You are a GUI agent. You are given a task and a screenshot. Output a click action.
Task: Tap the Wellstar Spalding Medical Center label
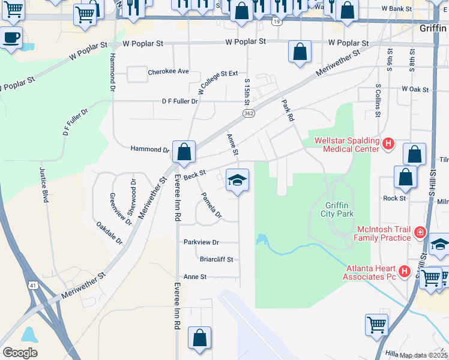[347, 146]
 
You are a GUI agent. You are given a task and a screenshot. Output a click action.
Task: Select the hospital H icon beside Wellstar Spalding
[388, 145]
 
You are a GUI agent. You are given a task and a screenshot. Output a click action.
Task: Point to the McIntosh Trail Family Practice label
[382, 233]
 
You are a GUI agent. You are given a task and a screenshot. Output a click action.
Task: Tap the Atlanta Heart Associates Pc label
[370, 272]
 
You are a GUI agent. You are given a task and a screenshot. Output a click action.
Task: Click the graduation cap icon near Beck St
[237, 180]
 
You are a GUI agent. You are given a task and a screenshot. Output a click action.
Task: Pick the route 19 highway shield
[276, 22]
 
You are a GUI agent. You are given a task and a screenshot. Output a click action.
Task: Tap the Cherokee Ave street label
[168, 71]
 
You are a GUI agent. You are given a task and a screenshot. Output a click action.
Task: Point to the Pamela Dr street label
[211, 205]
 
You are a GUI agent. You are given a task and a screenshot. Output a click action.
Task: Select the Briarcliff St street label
[217, 259]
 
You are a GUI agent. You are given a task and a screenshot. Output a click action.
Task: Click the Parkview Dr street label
[202, 242]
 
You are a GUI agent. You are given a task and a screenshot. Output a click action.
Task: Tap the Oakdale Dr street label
[109, 233]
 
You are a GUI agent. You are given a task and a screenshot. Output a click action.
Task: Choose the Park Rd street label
[288, 111]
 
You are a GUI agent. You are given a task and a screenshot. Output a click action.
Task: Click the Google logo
[20, 353]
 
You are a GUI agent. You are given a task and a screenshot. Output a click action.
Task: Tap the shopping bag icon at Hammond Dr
[184, 152]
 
